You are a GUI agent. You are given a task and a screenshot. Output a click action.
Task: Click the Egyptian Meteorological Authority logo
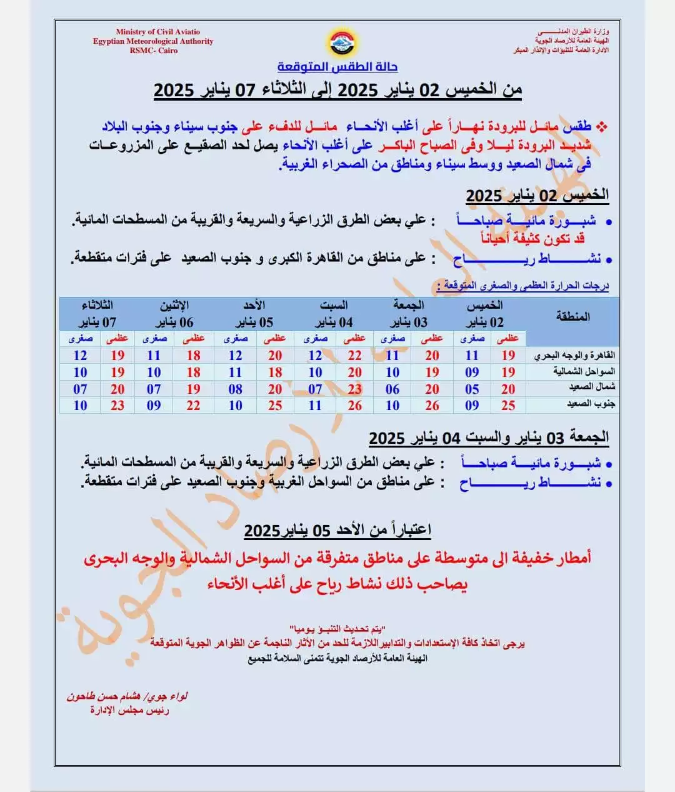pos(337,42)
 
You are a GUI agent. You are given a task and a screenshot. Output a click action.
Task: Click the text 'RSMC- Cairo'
pos(153,51)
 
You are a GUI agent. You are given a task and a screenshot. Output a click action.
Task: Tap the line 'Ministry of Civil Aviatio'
pos(157,32)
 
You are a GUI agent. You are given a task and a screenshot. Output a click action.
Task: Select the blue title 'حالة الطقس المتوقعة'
pos(337,67)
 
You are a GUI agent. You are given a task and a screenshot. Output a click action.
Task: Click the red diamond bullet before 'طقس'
pos(601,127)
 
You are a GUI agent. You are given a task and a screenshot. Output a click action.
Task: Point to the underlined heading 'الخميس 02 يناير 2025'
pos(537,196)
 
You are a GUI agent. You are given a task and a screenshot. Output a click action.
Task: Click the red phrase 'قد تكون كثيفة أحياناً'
pos(532,238)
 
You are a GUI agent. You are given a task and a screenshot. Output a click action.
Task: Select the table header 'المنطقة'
pos(572,316)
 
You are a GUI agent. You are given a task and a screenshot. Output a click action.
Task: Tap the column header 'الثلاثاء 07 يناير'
pos(97,314)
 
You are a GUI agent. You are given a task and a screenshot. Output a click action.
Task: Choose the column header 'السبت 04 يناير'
pos(334,314)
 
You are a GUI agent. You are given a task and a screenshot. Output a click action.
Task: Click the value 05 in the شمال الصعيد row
pos(472,389)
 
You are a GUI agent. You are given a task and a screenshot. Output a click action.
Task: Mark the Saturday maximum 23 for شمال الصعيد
pos(354,389)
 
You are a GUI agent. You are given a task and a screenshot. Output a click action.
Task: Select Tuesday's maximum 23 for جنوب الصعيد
pos(117,405)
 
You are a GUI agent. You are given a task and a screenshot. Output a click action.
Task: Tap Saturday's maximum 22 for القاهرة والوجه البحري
pos(354,356)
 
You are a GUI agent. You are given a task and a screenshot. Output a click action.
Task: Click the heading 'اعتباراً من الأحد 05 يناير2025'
pos(337,531)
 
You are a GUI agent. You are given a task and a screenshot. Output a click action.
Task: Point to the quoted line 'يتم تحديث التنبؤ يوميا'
pos(337,628)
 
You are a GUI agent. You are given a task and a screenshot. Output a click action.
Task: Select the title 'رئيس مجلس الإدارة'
pos(129,710)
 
